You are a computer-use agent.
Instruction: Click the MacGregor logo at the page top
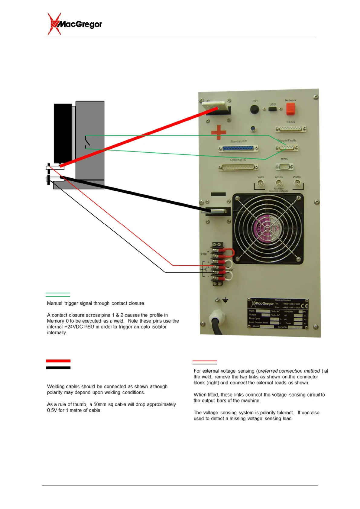75,24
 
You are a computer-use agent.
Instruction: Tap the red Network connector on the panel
290,109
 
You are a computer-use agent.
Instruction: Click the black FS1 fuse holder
255,109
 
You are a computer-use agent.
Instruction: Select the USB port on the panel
272,109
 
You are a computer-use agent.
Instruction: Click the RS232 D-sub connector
290,129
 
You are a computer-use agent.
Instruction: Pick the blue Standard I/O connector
238,148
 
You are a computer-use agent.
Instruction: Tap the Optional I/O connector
238,167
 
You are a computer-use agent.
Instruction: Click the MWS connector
284,166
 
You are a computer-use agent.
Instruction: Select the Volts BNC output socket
261,183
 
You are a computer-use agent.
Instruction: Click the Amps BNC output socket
279,183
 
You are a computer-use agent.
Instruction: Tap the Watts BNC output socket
297,183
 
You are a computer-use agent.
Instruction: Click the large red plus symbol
219,132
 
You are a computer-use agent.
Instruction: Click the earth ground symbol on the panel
225,300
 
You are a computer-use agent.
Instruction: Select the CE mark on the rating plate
304,305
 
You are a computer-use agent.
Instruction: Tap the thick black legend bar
58,368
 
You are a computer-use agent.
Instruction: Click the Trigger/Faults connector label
287,141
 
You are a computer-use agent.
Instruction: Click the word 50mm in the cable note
100,404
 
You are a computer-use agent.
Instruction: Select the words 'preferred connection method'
289,371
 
